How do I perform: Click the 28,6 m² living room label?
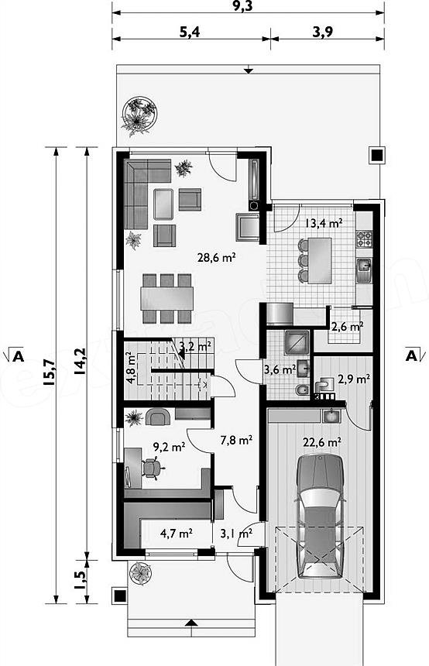pos(217,257)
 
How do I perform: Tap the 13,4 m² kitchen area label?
pos(324,222)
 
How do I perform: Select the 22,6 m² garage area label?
pos(323,442)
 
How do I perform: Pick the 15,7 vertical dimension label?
pos(49,372)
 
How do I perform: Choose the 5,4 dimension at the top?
pos(190,32)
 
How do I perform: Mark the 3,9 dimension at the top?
pos(323,32)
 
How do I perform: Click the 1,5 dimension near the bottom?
pos(81,579)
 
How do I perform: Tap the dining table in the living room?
pos(167,298)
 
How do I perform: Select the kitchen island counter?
pos(319,260)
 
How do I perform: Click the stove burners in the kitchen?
pos(364,239)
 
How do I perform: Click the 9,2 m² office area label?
pos(169,446)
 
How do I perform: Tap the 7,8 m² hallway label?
pos(237,440)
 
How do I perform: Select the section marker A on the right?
pos(411,355)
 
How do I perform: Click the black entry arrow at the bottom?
pos(192,623)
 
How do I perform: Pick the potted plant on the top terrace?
pos(139,115)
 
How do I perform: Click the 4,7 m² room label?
pos(177,533)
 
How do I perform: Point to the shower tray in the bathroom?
pos(297,342)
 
